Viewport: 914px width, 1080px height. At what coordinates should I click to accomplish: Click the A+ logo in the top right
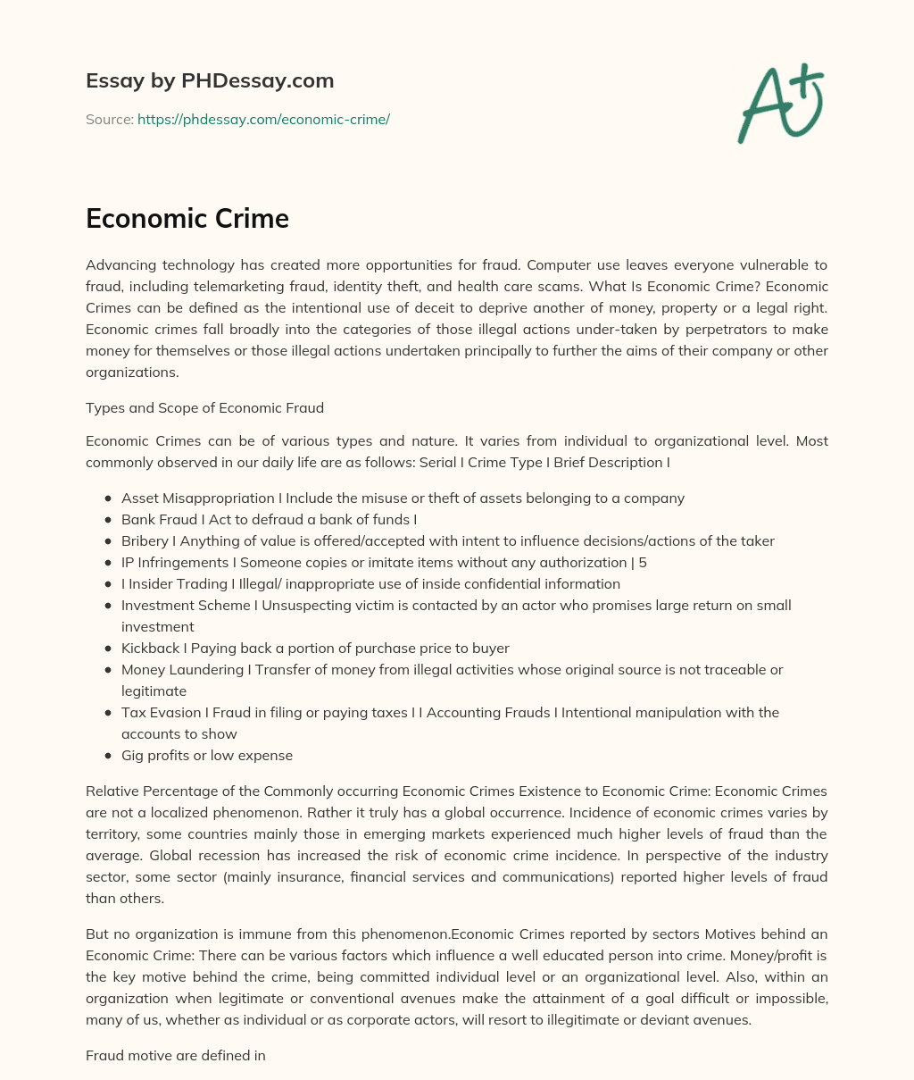click(780, 104)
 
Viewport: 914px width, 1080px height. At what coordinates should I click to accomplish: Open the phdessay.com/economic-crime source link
click(263, 119)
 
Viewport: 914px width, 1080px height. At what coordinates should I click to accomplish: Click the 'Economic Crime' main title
click(187, 219)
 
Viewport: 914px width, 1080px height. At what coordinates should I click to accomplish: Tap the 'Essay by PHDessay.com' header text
click(210, 80)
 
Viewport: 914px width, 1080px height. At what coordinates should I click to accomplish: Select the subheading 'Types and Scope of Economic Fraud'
click(204, 408)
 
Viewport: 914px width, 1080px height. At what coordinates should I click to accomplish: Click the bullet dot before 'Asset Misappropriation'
click(108, 498)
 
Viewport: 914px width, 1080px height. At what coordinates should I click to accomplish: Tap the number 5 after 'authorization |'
click(643, 562)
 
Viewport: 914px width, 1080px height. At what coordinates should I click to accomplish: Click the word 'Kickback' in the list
click(151, 648)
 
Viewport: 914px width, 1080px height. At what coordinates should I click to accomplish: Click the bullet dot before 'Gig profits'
click(108, 756)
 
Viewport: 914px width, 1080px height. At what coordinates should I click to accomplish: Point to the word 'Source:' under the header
click(109, 119)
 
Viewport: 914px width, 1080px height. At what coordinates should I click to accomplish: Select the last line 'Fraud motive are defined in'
click(176, 1055)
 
